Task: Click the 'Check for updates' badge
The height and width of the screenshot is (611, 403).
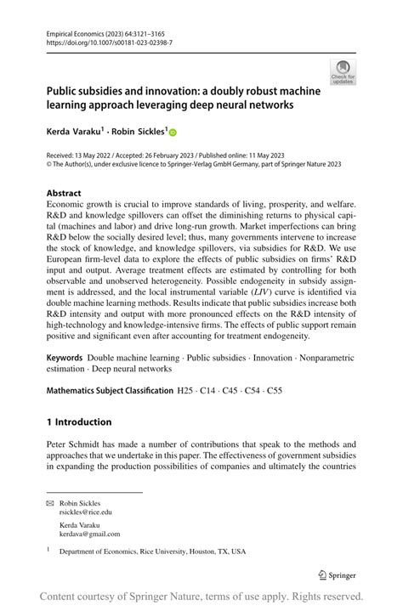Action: [x=343, y=71]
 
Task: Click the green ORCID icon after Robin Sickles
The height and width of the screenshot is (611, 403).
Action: [x=173, y=133]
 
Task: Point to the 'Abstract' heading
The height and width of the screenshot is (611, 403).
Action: [x=65, y=193]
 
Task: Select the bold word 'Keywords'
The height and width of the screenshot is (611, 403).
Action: [x=65, y=359]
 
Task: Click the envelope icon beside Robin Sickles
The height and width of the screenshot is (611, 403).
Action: [x=49, y=503]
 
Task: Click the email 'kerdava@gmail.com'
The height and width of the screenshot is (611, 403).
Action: [x=89, y=534]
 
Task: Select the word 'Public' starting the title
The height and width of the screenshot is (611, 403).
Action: [x=64, y=90]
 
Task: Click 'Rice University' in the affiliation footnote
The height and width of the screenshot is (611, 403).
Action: [x=161, y=551]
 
